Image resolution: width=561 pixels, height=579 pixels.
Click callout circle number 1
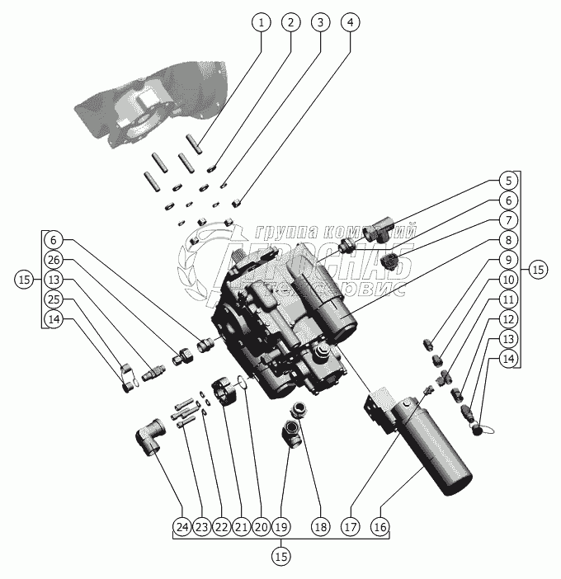[262, 22]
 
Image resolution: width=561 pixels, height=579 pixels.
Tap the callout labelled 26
[54, 259]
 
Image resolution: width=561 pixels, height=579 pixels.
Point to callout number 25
[54, 298]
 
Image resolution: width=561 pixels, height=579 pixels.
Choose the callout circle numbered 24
[181, 526]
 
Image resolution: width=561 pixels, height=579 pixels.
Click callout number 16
[380, 526]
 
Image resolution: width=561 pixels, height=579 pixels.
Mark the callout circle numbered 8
[509, 240]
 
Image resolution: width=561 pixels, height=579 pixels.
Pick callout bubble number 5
[509, 180]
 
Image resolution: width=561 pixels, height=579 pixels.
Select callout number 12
[509, 318]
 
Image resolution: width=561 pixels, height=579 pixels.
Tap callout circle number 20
[261, 526]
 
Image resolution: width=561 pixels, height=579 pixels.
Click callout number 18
[320, 526]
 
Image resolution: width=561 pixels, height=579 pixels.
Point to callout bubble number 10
[509, 279]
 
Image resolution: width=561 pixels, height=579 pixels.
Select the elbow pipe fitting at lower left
[148, 435]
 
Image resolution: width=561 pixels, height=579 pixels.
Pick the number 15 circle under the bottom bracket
[281, 557]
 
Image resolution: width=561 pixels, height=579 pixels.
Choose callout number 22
[221, 526]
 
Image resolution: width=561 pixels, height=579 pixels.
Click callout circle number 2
[290, 22]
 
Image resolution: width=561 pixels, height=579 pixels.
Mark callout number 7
[509, 219]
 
